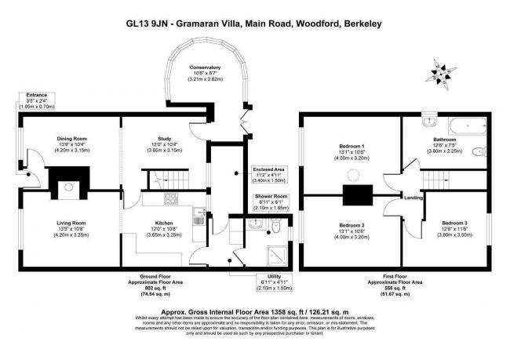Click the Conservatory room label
point(206,67)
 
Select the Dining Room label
point(70,138)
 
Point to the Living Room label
point(70,224)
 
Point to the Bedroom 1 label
point(352,147)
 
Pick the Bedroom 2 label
point(352,225)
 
